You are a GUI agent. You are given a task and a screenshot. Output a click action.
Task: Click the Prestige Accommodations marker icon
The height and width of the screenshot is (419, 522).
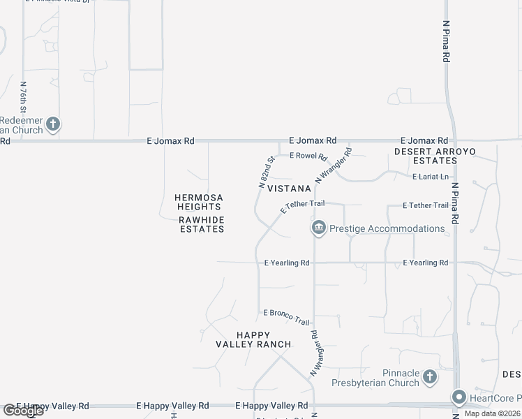coord(318,228)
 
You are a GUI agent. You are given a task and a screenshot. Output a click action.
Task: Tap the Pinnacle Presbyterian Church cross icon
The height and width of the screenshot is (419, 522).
coord(430,377)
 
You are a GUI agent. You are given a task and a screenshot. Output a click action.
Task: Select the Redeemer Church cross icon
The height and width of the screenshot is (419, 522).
coord(53,126)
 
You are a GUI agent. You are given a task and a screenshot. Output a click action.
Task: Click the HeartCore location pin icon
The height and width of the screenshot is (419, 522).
coord(458,397)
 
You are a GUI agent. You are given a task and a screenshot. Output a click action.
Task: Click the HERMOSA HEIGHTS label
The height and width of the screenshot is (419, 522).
coord(199,203)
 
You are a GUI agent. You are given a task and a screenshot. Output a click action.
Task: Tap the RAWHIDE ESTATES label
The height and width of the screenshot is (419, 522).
coord(202,224)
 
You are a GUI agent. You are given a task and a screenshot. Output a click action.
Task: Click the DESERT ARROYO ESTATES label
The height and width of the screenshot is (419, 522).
coord(426,156)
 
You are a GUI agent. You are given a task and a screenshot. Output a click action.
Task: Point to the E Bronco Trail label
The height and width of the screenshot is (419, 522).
coord(285,317)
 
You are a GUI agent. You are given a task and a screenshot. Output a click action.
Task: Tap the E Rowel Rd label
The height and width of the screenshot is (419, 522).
coord(308,156)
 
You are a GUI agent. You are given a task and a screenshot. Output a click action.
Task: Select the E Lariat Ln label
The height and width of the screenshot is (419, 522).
coord(430,177)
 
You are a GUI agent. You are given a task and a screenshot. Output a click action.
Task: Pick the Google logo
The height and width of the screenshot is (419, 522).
coord(22,411)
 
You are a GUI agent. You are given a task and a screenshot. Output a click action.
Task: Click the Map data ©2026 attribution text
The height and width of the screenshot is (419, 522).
coord(493,413)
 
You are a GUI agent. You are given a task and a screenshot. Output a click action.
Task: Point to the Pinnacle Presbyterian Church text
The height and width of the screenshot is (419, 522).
coord(401,377)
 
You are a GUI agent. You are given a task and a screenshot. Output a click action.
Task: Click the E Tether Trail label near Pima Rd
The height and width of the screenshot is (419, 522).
coord(426,205)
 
